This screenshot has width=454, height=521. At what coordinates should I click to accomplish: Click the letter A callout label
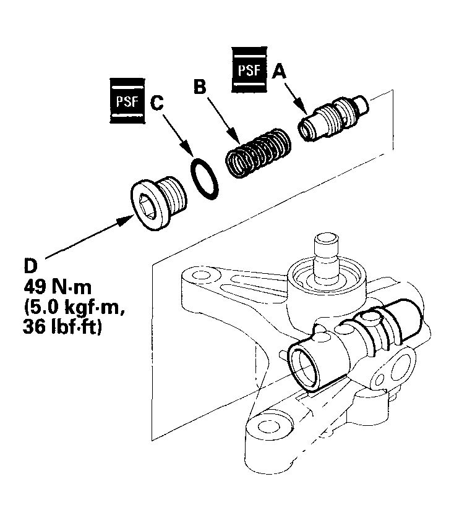coord(280,73)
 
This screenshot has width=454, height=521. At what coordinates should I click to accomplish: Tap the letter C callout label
coord(157,103)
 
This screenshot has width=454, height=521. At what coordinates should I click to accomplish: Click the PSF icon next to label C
coord(126,99)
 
